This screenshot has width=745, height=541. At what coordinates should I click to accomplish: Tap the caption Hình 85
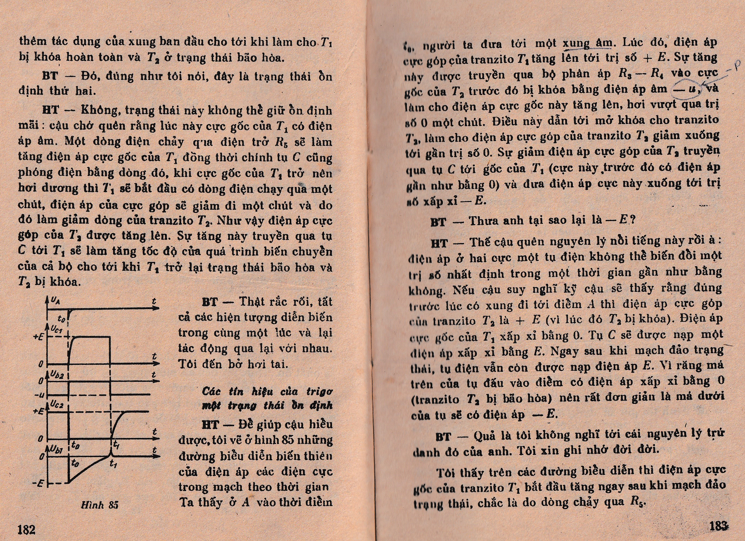(99, 505)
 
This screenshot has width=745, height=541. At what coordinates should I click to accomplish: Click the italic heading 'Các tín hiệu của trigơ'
(267, 391)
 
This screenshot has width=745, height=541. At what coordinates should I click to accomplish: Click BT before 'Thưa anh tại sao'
(438, 222)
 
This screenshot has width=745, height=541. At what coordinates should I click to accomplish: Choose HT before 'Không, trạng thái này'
(50, 110)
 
